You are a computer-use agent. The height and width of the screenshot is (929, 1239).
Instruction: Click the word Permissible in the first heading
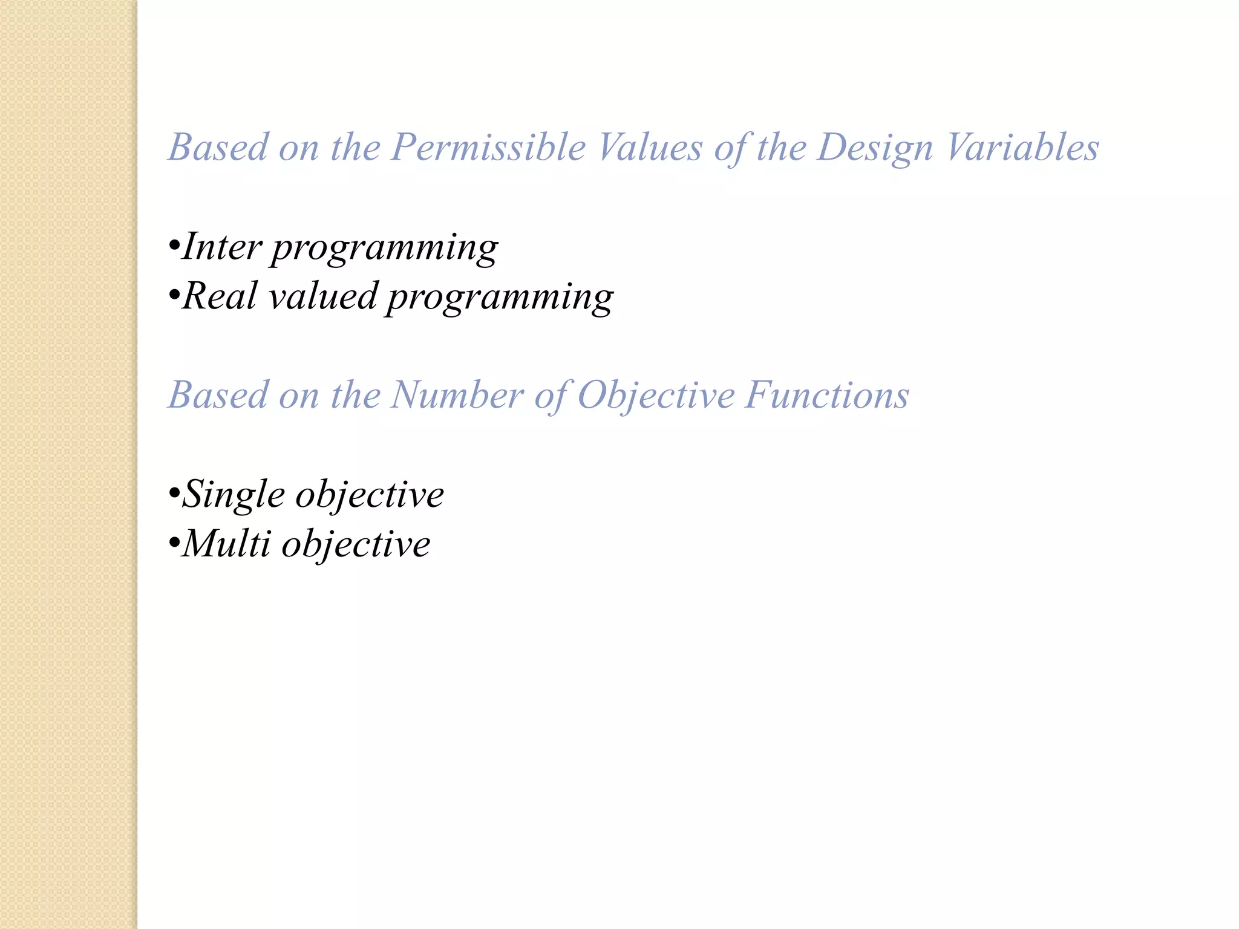coord(488,148)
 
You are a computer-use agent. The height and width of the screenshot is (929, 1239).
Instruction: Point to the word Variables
coord(1022,148)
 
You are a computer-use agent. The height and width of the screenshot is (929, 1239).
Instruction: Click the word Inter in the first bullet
coord(222,247)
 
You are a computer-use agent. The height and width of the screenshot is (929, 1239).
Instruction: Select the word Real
coord(220,296)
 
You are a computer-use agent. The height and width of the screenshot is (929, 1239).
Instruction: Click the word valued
coord(322,296)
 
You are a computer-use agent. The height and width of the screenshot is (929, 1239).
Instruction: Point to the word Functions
coord(826,396)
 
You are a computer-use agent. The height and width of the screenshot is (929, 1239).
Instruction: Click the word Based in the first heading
coord(218,148)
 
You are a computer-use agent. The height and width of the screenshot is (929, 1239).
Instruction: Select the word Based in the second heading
coord(218,396)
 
